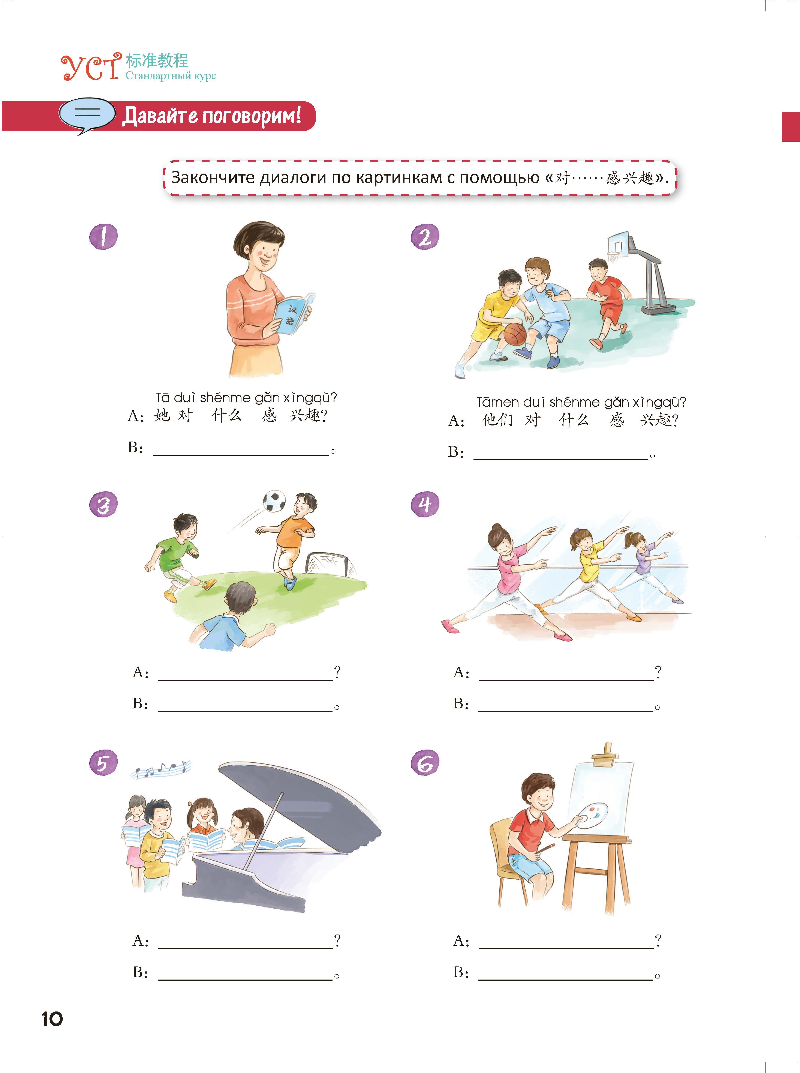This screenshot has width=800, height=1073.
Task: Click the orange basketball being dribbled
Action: tap(515, 334)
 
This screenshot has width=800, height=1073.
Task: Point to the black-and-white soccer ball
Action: tap(274, 501)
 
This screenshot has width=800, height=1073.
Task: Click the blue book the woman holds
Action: tap(293, 314)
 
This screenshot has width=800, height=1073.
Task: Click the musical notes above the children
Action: tap(161, 769)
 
